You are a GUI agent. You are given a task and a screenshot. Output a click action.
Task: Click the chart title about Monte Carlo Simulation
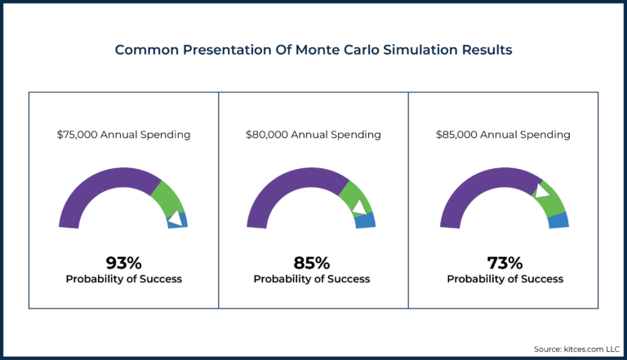pos(313,50)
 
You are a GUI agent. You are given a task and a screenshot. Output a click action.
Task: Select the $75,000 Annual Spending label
pos(123,135)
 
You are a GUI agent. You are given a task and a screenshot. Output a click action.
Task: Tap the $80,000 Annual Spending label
pos(313,135)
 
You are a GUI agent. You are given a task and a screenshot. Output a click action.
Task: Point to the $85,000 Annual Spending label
pos(505,135)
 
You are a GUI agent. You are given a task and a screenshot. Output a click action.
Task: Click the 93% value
pos(123,263)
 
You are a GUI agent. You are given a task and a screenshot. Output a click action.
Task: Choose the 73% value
pos(505,263)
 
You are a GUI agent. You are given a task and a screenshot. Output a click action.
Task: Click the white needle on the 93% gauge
pos(173,218)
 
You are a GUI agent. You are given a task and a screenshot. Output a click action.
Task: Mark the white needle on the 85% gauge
pos(358,207)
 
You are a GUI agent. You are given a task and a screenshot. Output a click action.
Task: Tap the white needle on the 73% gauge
pos(541,191)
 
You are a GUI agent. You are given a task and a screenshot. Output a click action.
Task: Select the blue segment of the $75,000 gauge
pos(179,220)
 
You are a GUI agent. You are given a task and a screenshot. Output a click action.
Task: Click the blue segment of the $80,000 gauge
pos(367,220)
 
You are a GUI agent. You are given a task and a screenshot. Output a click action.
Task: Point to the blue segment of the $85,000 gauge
pos(558,220)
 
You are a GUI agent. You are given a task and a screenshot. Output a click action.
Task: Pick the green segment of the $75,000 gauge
pos(168,197)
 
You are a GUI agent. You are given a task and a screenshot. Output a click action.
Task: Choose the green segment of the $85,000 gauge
pos(552,200)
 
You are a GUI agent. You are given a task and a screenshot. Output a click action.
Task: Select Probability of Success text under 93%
pos(123,279)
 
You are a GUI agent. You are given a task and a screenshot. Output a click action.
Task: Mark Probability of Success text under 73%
pos(505,279)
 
